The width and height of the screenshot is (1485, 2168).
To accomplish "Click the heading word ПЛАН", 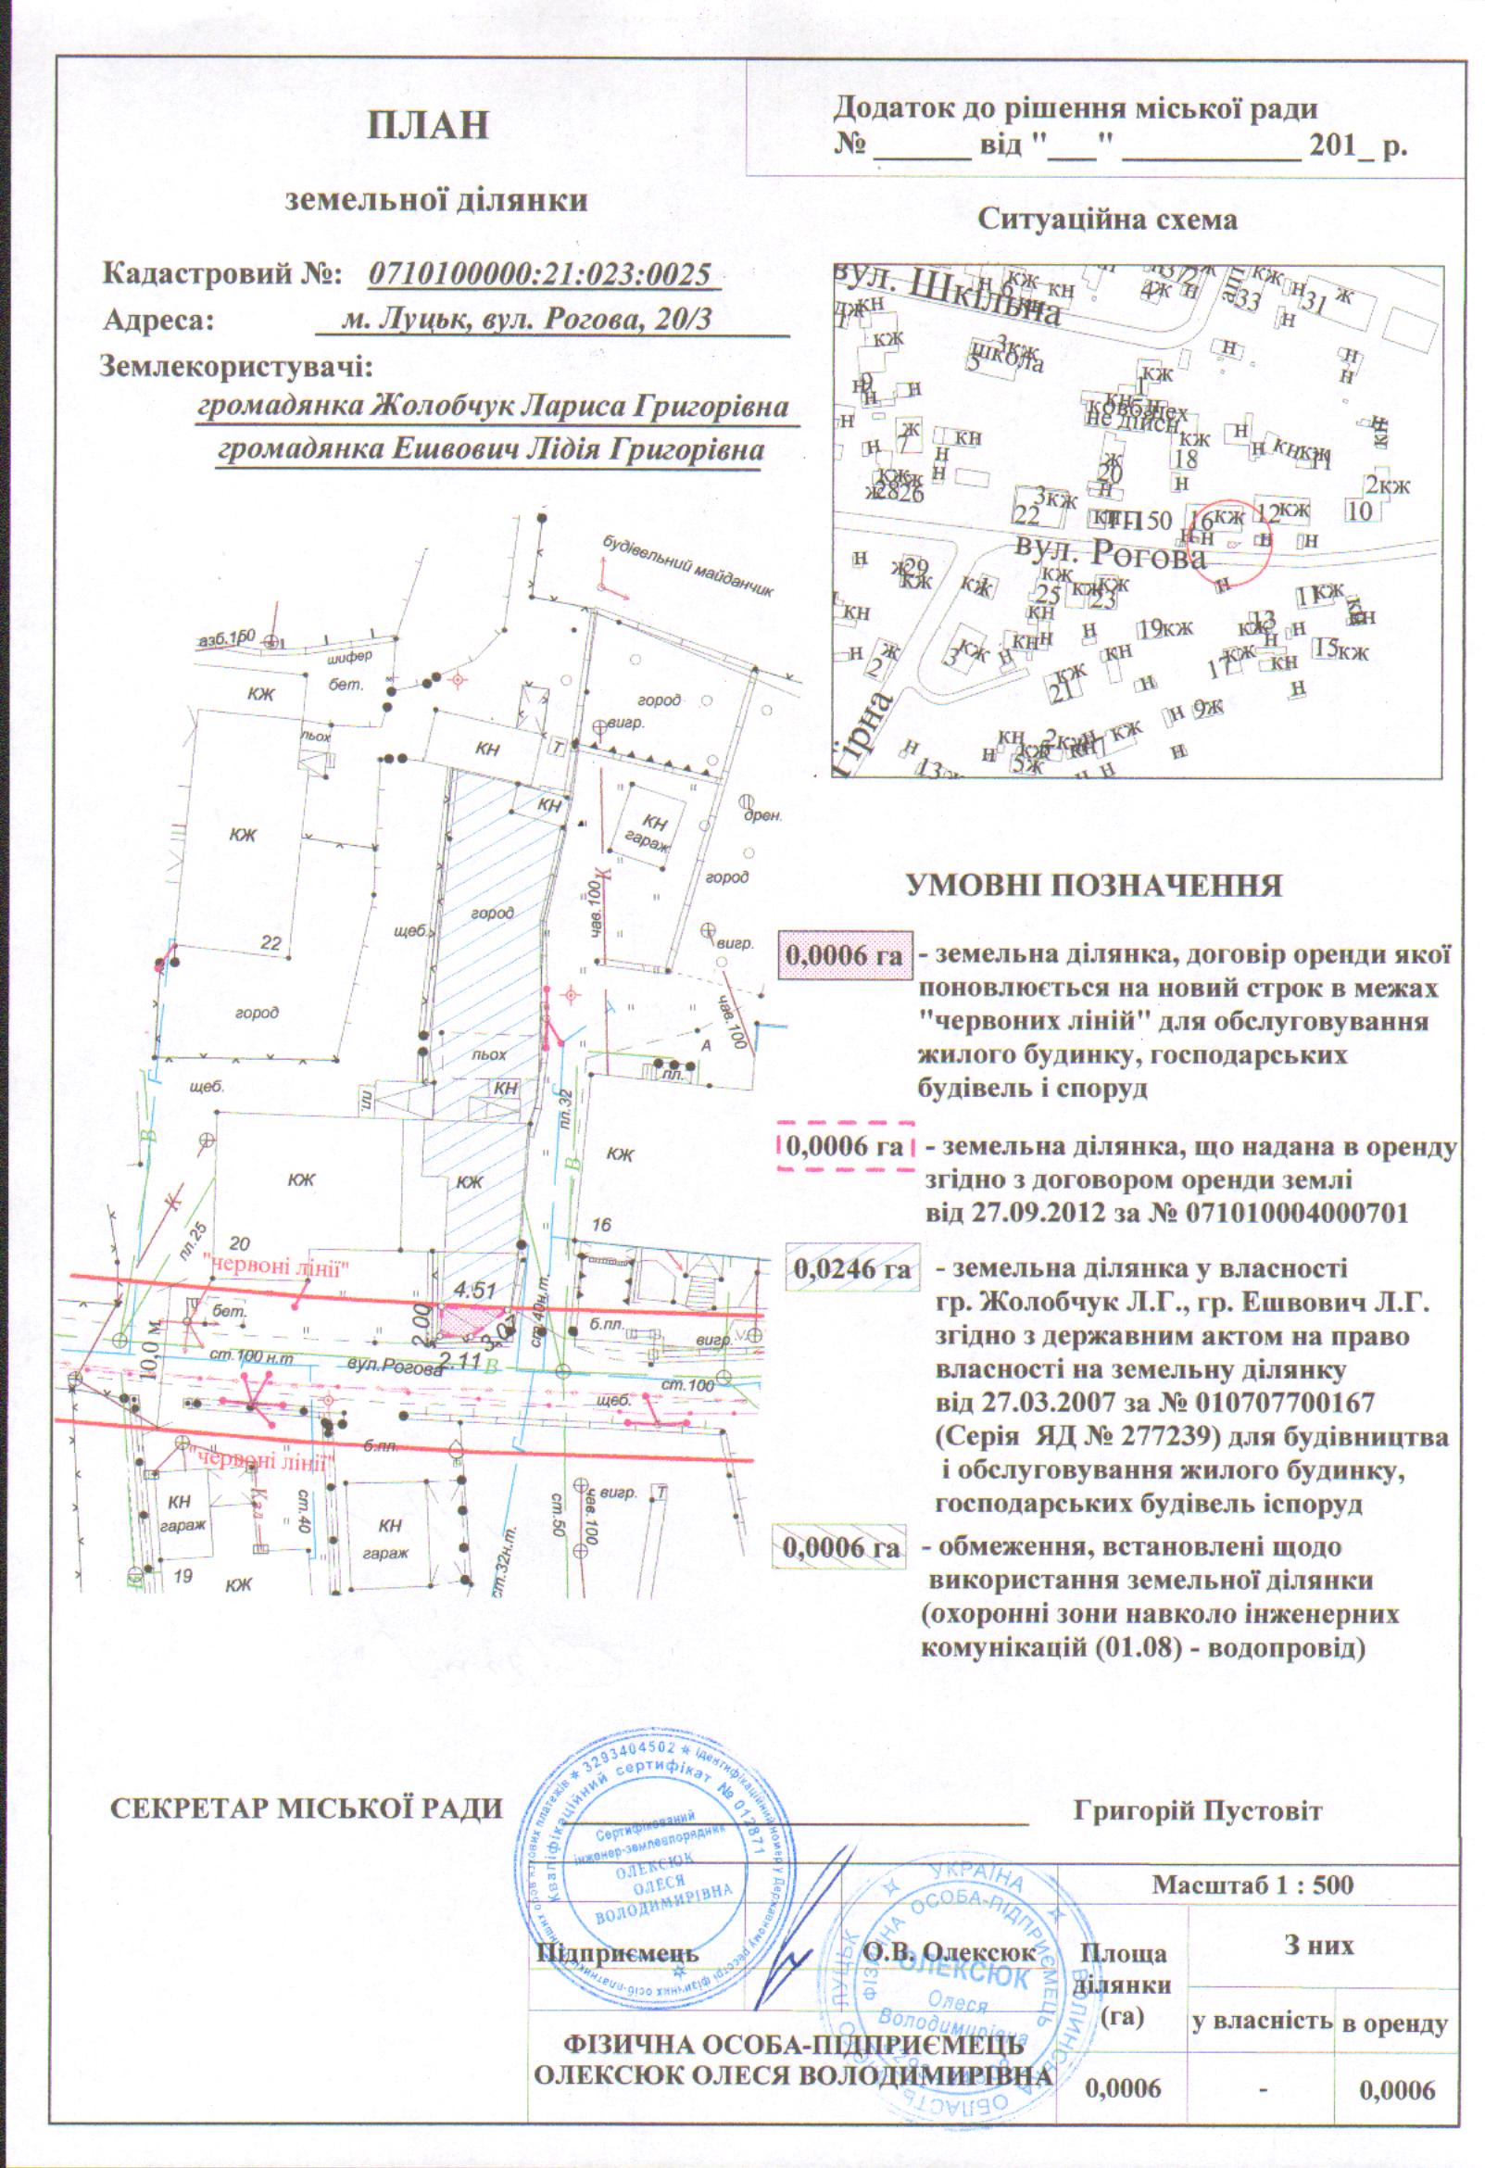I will tap(428, 125).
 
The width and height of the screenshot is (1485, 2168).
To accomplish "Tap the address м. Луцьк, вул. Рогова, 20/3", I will tap(527, 320).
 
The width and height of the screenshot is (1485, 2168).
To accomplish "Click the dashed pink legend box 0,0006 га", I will tap(845, 1145).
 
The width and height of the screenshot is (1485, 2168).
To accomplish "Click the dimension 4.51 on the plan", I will tap(474, 1292).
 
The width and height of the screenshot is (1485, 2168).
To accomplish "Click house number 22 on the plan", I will tap(270, 943).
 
